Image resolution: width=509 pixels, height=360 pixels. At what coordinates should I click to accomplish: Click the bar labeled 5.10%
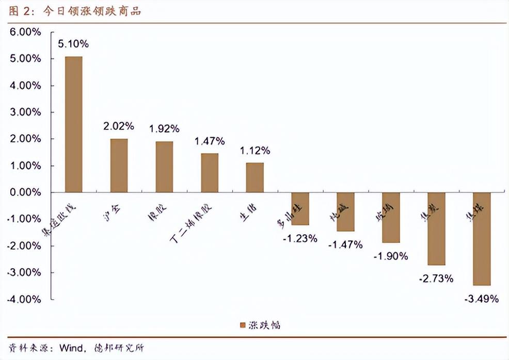coord(73,124)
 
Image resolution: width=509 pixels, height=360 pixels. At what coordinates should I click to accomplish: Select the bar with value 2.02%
coord(119,165)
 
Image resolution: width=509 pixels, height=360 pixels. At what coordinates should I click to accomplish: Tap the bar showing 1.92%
coord(164,167)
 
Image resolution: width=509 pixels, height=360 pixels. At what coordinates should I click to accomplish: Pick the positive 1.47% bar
coord(210,172)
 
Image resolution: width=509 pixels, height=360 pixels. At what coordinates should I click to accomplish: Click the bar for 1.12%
coord(255,177)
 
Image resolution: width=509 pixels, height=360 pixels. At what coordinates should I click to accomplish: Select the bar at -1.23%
coord(300,208)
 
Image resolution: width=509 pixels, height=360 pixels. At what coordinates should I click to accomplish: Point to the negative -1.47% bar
coord(345,211)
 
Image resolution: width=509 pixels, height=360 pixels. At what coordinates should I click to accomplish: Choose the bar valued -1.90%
coord(391,217)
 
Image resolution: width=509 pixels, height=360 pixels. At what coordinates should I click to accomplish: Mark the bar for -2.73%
coord(436,228)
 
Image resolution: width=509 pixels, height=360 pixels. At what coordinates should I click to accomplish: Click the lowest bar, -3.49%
coord(482,238)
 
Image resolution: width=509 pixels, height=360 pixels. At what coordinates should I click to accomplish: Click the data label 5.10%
coord(73,44)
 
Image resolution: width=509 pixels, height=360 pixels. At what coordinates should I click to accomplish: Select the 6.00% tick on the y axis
coord(25,32)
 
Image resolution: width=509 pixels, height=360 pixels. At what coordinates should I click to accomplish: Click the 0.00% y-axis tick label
coord(25,192)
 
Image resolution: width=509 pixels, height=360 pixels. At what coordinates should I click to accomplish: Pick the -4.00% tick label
coord(24,299)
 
